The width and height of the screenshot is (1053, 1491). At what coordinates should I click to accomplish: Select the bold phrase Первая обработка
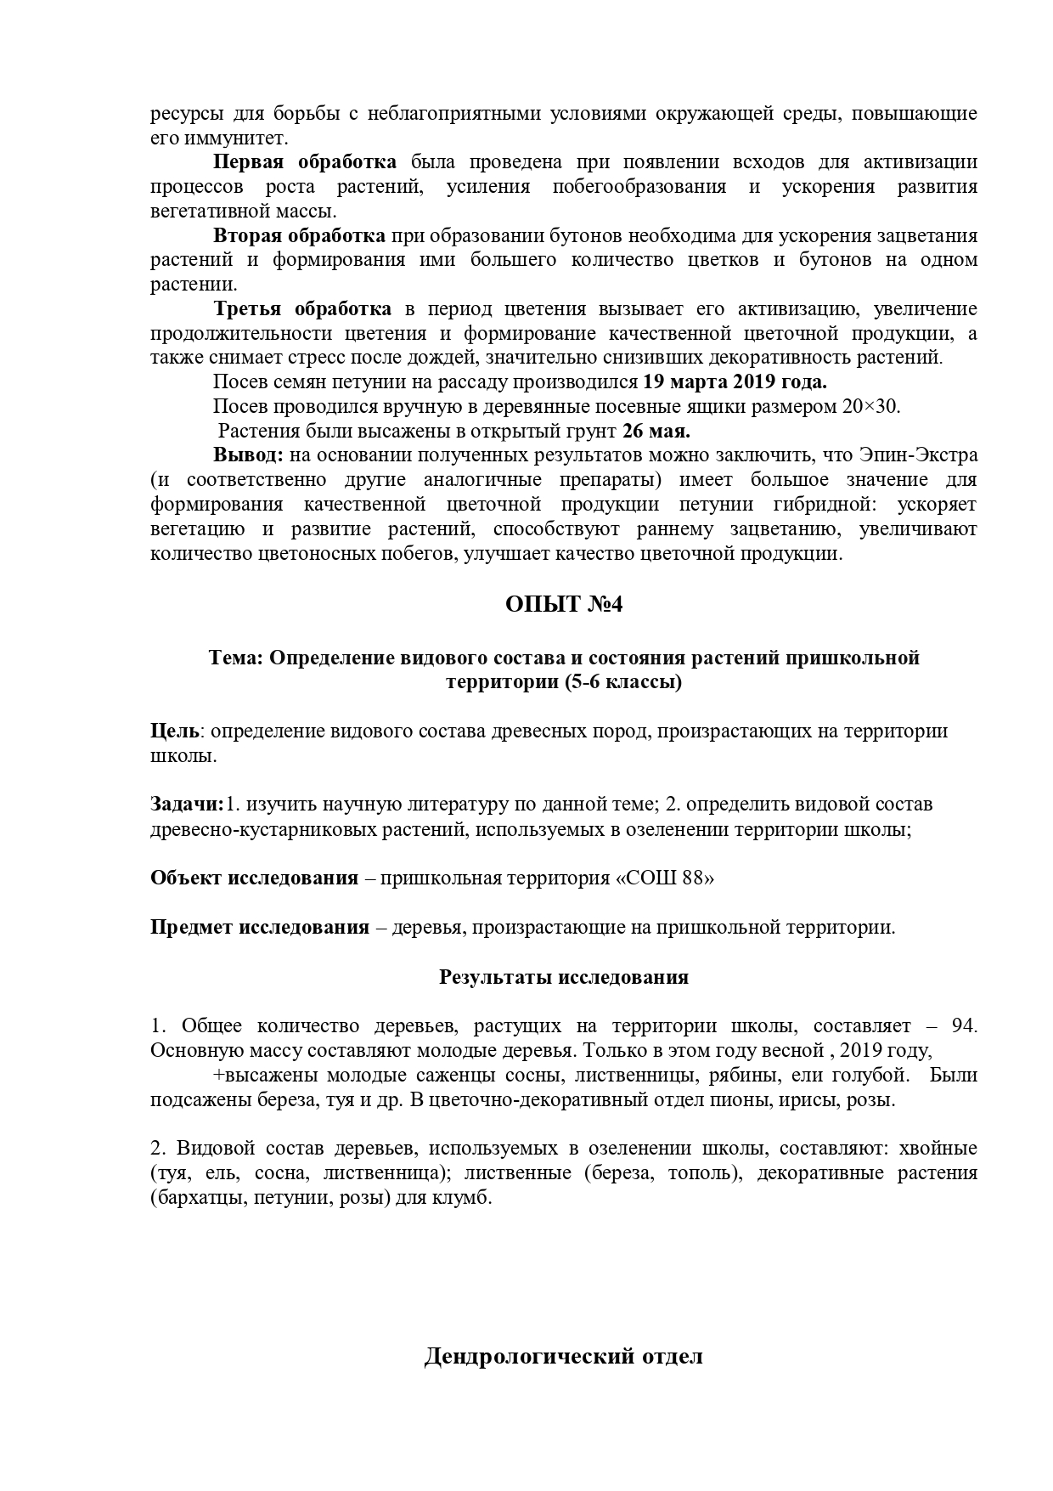pos(304,162)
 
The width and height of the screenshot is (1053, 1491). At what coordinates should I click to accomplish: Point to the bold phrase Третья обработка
pos(302,308)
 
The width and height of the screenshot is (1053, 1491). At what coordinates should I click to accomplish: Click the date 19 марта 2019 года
pos(735,381)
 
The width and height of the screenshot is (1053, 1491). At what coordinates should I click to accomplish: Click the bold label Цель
pos(175,731)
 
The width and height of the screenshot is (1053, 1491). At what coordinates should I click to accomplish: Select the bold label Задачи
pos(187,805)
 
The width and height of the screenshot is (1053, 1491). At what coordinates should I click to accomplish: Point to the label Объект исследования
pos(254,878)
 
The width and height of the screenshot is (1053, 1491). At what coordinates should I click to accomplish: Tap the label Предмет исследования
pos(260,927)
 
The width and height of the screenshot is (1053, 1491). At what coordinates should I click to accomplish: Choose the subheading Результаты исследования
pos(564,977)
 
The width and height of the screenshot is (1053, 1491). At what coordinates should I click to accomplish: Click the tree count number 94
pos(963,1025)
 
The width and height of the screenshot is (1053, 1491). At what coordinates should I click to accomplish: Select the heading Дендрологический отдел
pos(564,1357)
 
